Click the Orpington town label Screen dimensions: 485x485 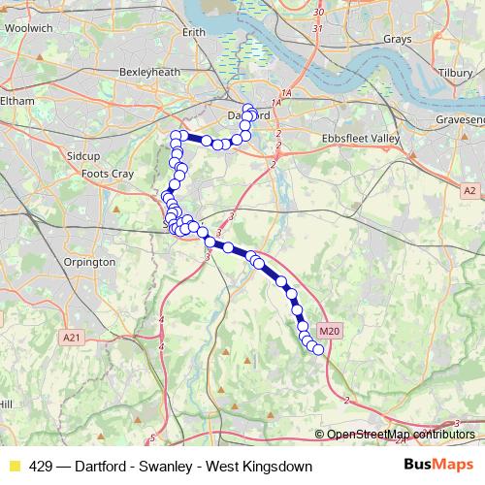point(87,262)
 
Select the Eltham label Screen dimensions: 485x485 point(16,100)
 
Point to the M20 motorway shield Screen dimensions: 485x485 point(330,331)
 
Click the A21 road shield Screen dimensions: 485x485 point(70,337)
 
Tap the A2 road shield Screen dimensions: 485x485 point(469,191)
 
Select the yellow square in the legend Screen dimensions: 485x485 point(14,467)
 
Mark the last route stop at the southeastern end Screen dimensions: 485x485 point(317,349)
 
